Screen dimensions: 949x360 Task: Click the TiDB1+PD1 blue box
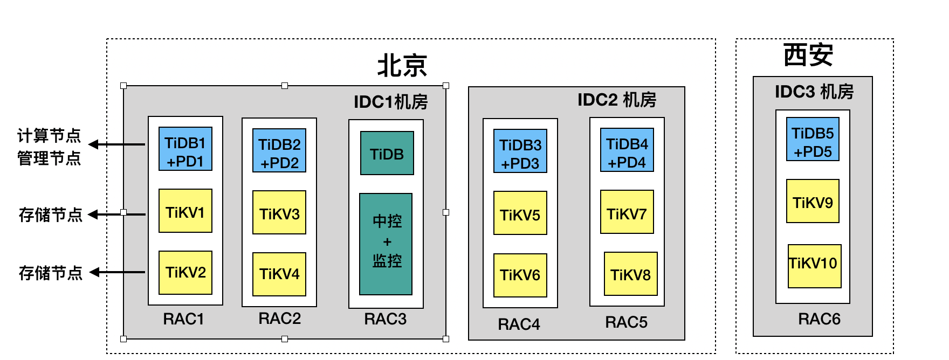[x=185, y=149]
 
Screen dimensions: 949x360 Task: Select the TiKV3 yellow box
[x=279, y=212]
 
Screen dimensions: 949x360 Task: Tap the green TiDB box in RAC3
[x=387, y=153]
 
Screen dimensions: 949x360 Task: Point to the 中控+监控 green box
[x=386, y=244]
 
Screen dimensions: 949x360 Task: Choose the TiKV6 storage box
[x=520, y=275]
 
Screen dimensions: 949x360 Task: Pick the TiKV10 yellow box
[x=815, y=266]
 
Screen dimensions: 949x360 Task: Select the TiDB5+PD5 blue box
[x=813, y=139]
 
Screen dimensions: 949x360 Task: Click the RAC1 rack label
[x=184, y=319]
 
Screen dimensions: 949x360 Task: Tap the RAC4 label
[x=519, y=324]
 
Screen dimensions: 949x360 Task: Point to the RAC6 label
[x=819, y=319]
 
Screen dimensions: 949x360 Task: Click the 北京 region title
[x=402, y=66]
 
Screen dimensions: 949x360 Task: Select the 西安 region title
[x=808, y=55]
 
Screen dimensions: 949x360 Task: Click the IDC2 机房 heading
[x=617, y=100]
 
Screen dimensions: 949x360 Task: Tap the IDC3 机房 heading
[x=814, y=92]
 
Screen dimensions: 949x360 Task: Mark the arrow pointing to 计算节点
[x=116, y=144]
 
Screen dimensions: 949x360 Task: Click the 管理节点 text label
[x=49, y=158]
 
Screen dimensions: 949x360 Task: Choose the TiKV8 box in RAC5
[x=631, y=274]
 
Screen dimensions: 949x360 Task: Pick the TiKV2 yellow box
[x=185, y=273]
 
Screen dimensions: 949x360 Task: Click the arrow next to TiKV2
[x=117, y=272]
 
